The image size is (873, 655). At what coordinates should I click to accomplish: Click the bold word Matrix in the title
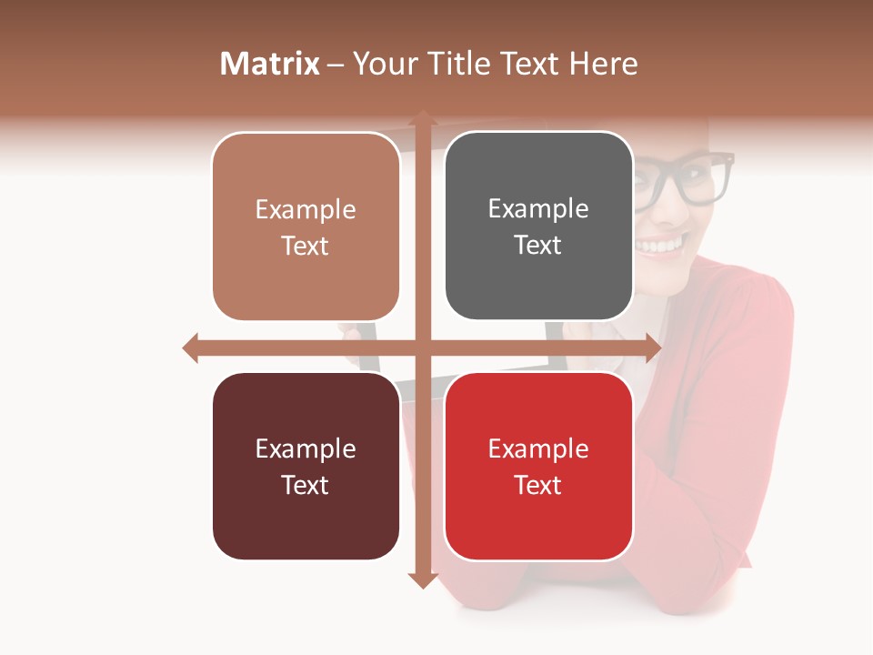tap(270, 64)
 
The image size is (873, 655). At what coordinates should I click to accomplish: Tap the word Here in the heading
tap(604, 64)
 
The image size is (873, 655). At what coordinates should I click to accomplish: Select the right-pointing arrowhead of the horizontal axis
tap(652, 348)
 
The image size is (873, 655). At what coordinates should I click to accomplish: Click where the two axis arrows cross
tap(422, 348)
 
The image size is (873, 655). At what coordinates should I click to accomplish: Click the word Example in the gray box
tap(538, 209)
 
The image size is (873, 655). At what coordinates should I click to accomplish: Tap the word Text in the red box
tap(538, 485)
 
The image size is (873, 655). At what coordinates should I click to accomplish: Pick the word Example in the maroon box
tap(306, 448)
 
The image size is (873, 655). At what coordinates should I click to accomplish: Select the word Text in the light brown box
tap(306, 246)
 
